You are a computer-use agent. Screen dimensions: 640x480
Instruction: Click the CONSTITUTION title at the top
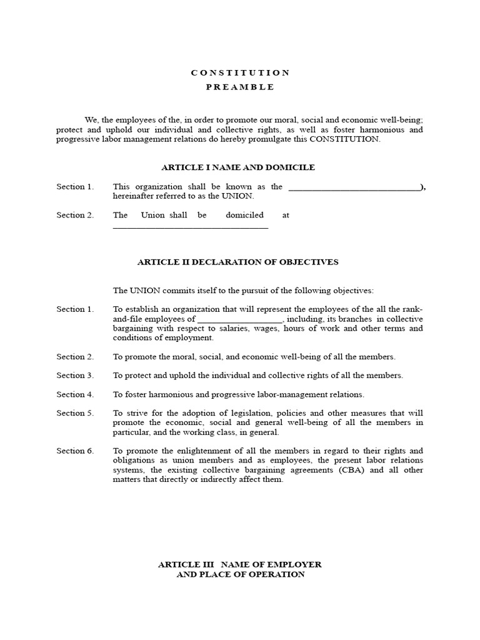(240, 73)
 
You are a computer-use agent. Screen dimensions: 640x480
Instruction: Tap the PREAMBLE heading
(240, 87)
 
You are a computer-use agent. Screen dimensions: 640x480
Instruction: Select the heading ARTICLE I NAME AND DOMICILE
(238, 167)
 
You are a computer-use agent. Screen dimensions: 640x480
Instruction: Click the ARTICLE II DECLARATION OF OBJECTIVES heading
(237, 262)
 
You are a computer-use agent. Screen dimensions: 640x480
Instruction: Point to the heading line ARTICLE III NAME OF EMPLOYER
(240, 564)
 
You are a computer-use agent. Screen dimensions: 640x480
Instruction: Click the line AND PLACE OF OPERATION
(240, 574)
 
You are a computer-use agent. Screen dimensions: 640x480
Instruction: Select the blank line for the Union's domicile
(190, 227)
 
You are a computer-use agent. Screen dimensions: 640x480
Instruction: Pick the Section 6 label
(75, 451)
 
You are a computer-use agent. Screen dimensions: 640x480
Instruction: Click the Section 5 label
(75, 413)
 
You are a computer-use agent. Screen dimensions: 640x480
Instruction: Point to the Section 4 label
(75, 394)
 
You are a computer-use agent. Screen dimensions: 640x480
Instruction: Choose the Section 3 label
(75, 376)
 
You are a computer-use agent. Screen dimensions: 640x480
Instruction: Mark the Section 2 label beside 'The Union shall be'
(75, 215)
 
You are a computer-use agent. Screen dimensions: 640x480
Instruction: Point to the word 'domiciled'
(244, 215)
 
